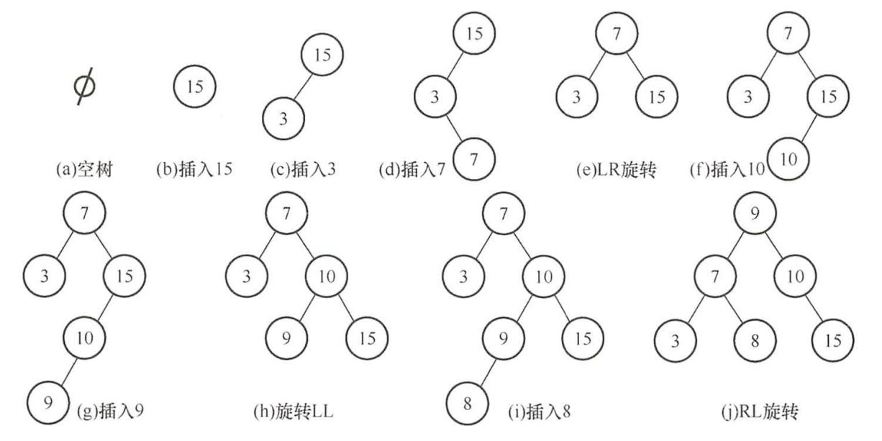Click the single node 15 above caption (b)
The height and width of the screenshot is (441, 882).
[194, 87]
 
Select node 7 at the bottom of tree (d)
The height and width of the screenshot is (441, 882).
[473, 159]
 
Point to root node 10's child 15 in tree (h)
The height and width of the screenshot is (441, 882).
[366, 337]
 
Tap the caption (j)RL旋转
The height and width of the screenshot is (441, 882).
[755, 412]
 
